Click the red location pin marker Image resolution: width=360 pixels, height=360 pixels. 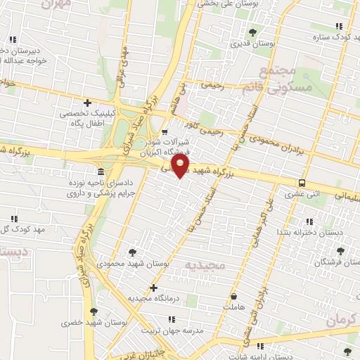181,165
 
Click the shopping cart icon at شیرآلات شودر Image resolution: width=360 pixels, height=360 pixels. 165,131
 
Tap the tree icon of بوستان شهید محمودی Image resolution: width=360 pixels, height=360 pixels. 133,252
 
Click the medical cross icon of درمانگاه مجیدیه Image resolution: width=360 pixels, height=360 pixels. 153,288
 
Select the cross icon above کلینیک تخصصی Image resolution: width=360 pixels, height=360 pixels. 87,103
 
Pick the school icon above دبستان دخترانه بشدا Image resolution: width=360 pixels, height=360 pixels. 304,220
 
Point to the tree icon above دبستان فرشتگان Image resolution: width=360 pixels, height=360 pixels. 341,250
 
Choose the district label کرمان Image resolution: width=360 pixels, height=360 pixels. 342,320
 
